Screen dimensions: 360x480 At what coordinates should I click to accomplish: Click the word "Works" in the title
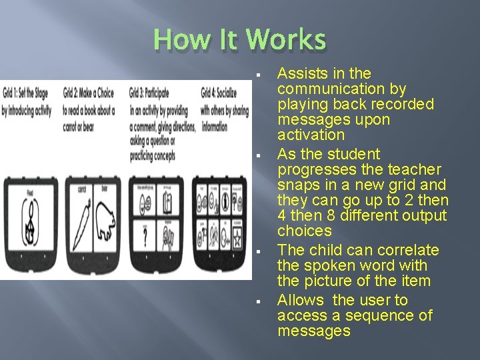point(286,40)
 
